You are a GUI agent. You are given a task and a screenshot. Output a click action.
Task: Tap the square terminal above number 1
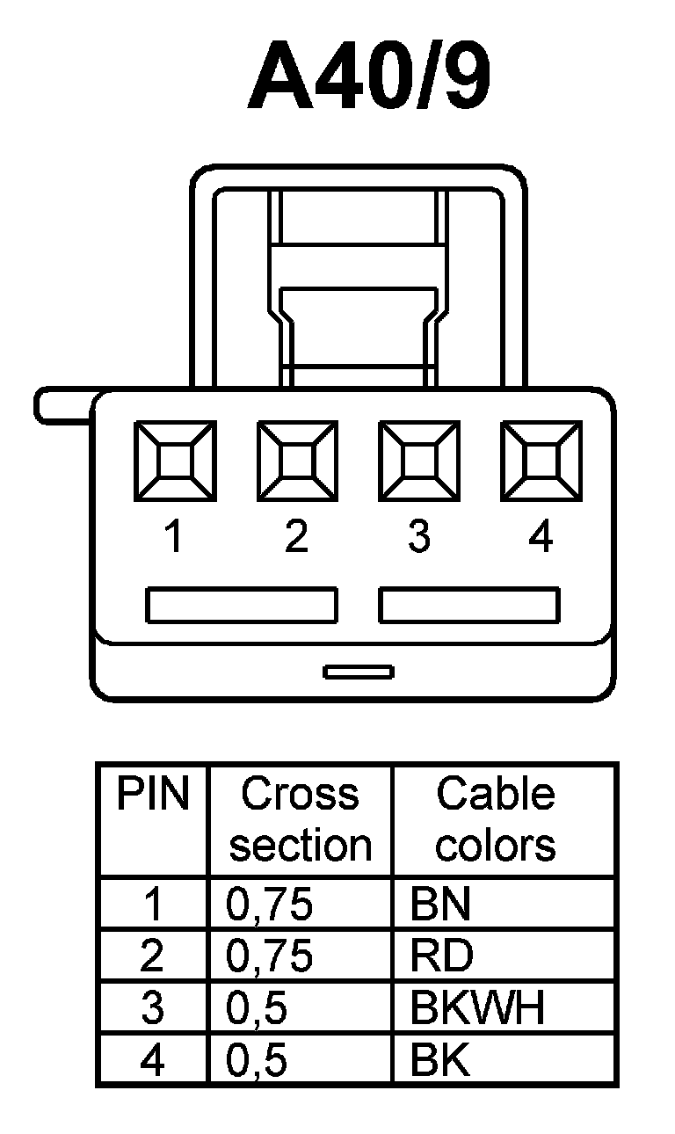(x=174, y=462)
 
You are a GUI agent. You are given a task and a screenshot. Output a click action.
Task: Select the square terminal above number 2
(x=296, y=462)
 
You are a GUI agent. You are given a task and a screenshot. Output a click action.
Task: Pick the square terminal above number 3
(x=418, y=462)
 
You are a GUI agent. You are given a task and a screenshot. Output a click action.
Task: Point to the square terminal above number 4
(x=541, y=462)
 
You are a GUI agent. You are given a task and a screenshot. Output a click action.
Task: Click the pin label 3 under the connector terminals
(x=419, y=535)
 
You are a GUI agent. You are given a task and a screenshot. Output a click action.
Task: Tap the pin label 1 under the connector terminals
(x=174, y=535)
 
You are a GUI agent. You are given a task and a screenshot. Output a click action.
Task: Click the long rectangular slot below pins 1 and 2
(x=242, y=605)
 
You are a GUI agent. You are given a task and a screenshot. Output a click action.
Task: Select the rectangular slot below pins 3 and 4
(x=469, y=605)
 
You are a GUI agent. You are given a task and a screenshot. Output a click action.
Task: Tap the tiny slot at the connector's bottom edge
(x=358, y=672)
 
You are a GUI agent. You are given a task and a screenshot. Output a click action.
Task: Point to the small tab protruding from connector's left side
(x=62, y=407)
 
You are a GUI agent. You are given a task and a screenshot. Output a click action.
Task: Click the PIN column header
(x=153, y=795)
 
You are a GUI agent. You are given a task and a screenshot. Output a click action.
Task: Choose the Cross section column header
(x=301, y=819)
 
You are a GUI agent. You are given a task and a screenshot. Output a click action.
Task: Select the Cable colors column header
(x=496, y=819)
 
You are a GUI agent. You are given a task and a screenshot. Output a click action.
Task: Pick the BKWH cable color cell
(x=477, y=1009)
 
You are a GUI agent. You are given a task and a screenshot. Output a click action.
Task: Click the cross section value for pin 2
(x=270, y=956)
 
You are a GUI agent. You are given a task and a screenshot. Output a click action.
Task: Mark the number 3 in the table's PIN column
(x=153, y=1009)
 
